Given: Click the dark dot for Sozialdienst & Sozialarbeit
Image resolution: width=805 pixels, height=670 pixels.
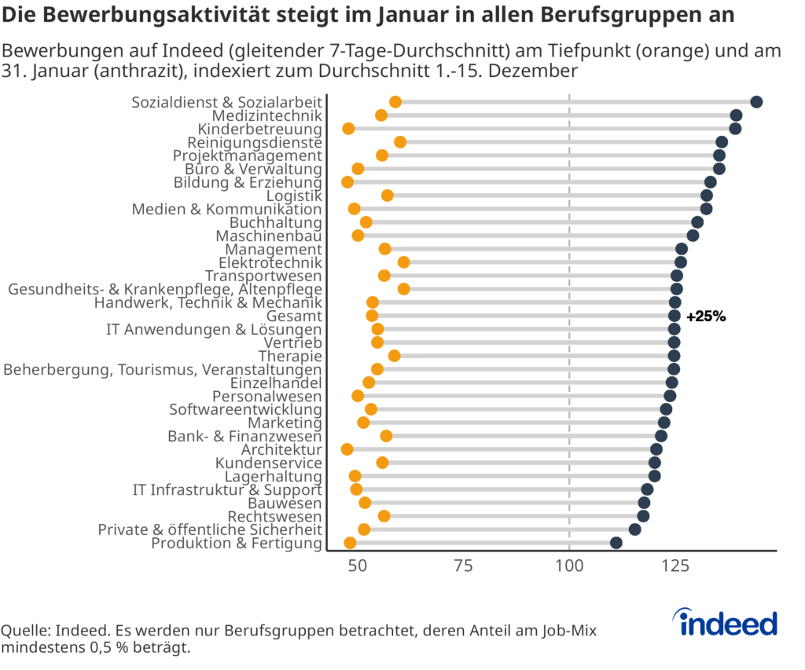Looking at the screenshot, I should coord(756,102).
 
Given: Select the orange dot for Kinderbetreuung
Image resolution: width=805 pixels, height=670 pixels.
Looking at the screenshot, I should coord(348,129).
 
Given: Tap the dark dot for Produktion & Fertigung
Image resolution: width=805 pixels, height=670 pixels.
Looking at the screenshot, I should coord(616,543).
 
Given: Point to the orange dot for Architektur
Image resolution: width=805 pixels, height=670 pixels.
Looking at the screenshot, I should coord(347,449).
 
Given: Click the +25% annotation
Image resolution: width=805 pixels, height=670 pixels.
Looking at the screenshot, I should coord(706,317).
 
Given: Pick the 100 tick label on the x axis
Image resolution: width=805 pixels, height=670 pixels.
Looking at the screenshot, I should coord(569,566).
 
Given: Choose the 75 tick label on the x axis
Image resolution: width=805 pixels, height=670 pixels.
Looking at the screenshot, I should coord(464,566).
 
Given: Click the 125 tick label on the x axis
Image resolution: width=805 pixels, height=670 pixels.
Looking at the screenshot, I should coord(675,566).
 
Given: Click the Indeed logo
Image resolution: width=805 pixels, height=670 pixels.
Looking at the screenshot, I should coord(728,623).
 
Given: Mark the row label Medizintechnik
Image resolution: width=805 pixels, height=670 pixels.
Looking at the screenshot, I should coord(267,116).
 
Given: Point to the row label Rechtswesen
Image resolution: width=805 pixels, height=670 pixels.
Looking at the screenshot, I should coord(274,517).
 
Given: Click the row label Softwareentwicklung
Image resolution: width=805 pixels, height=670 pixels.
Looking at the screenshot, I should coord(245,410).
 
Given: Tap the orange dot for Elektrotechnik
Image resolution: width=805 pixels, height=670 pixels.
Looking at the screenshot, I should coord(403,262).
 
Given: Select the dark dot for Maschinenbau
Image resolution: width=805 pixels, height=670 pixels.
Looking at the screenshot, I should coord(693,236).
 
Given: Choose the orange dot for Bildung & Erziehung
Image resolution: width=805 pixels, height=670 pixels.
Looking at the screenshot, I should coord(347,182).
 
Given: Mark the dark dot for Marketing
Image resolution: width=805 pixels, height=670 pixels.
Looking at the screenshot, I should coord(664,423).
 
